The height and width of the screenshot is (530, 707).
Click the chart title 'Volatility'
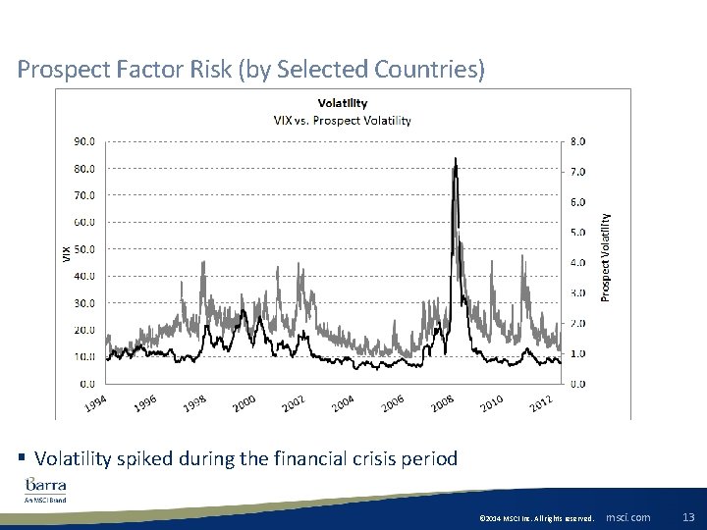(342, 103)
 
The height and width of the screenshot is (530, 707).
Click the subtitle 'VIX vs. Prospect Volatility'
(342, 121)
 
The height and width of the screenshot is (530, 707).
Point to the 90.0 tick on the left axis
(84, 140)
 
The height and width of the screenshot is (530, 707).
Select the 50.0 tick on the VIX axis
(84, 249)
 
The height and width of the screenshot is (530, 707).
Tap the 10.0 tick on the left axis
(84, 356)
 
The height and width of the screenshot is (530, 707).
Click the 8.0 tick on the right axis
(577, 140)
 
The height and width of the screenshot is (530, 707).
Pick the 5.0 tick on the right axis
(577, 233)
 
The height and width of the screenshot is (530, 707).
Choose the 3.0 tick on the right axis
(577, 293)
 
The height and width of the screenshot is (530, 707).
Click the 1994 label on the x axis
(95, 403)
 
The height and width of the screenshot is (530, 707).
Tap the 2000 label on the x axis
(245, 403)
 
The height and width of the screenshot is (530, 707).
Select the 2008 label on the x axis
(442, 403)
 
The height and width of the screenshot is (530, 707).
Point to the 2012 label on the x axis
(541, 403)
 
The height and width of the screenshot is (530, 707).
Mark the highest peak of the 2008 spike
(455, 159)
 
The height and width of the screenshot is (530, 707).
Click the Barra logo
(46, 487)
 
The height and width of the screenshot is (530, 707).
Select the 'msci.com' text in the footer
(627, 517)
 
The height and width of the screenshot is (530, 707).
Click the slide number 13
(687, 517)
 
